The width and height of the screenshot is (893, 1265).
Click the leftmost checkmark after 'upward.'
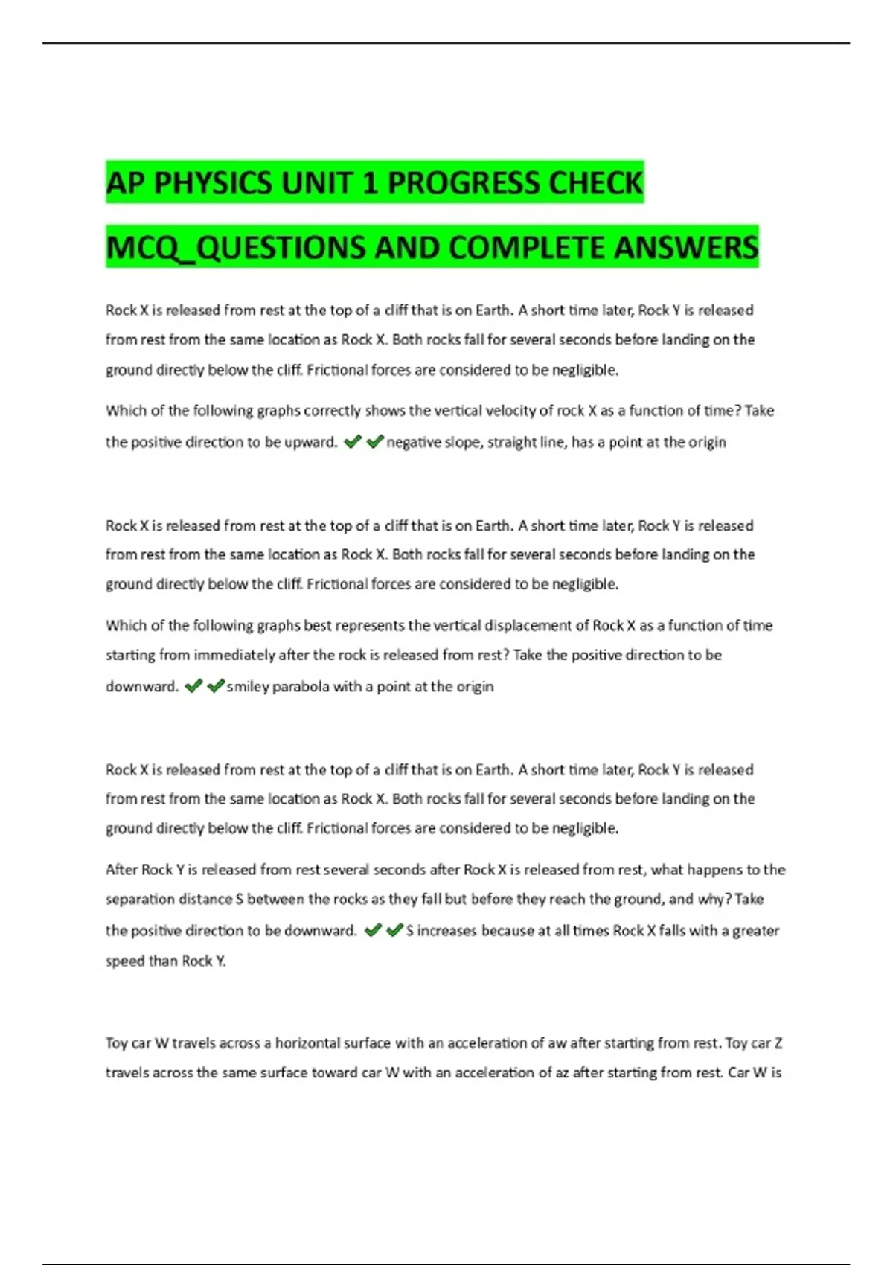(x=353, y=442)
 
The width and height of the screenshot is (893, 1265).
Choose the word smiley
(x=248, y=686)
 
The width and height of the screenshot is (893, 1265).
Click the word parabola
(x=301, y=686)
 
